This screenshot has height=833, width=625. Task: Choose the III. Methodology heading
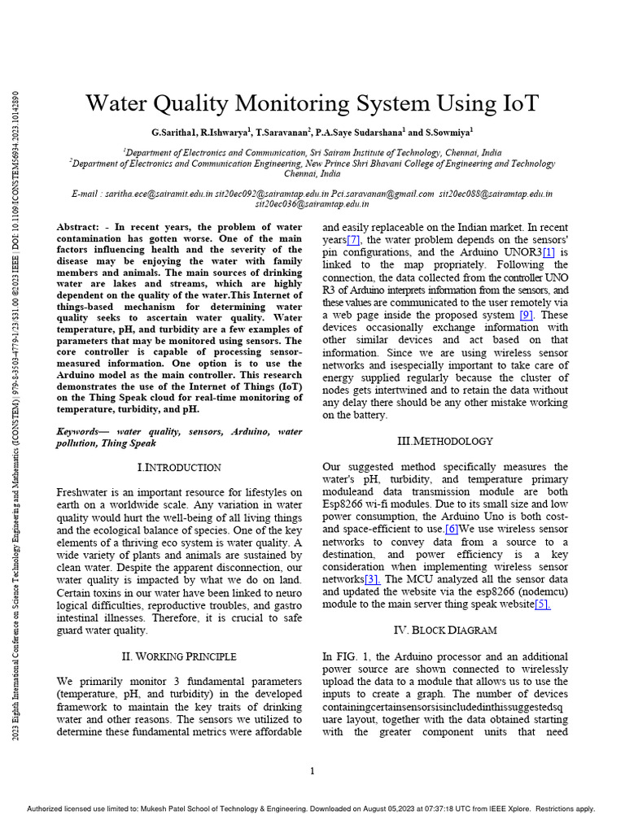(444, 441)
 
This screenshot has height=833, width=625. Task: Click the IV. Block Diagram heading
(444, 630)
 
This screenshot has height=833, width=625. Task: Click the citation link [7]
(353, 240)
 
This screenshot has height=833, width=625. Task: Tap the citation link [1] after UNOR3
(549, 252)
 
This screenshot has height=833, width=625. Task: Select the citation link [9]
(527, 315)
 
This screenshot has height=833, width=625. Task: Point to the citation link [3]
(372, 578)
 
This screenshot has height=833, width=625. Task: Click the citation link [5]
(543, 604)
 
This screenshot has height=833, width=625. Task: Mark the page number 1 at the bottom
(312, 771)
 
